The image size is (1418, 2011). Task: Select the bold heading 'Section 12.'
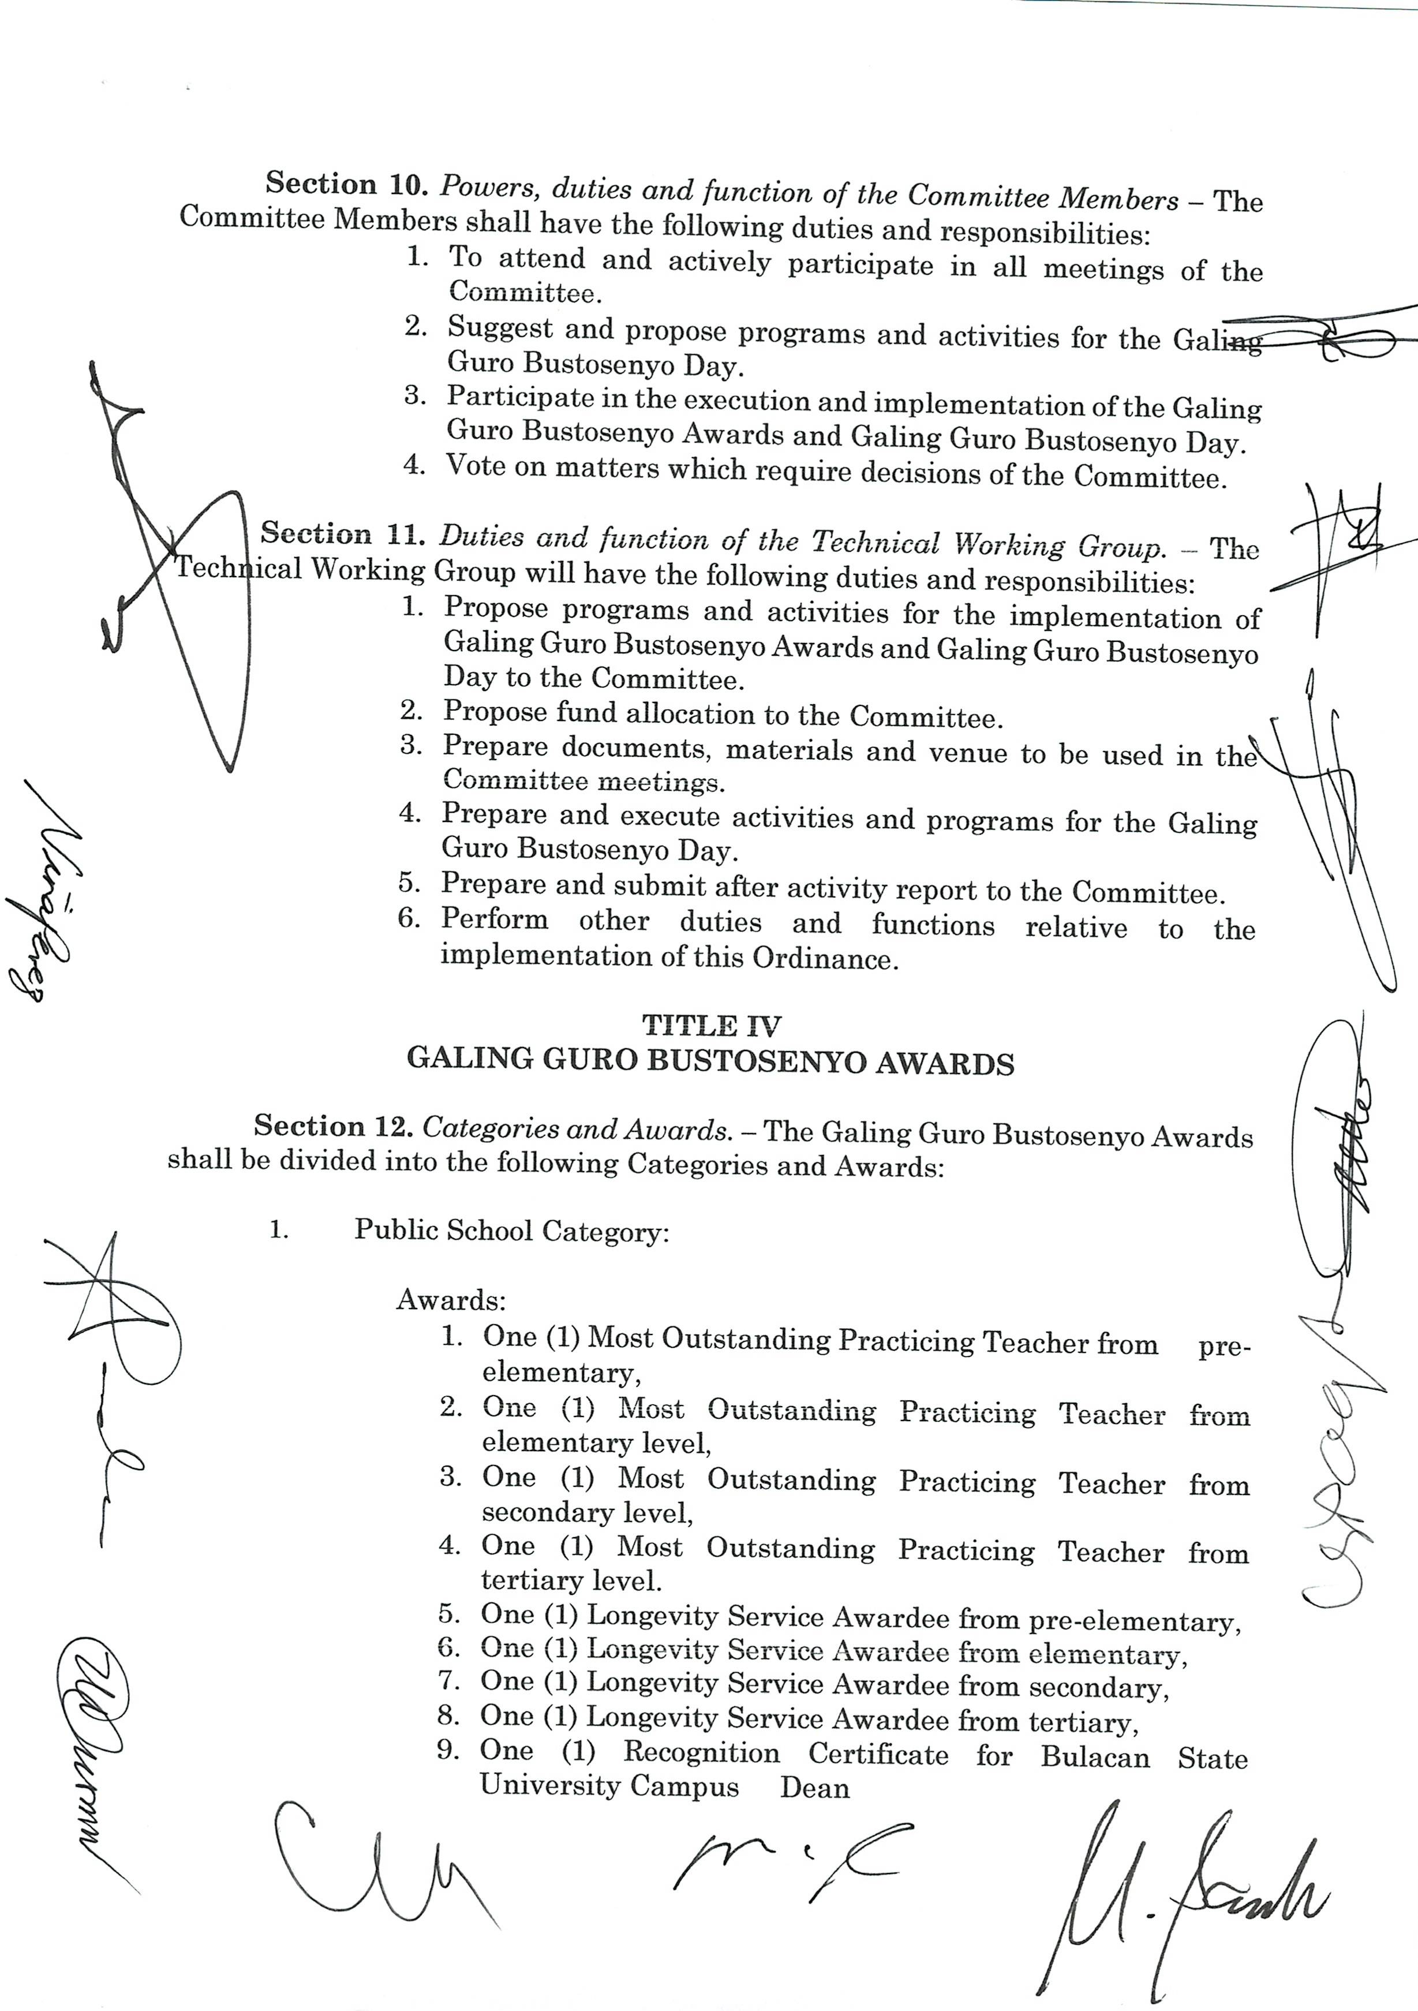coord(333,1126)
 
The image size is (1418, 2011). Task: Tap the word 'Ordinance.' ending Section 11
coord(825,958)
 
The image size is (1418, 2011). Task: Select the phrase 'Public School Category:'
coord(511,1231)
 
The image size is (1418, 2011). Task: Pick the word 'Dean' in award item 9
coord(814,1787)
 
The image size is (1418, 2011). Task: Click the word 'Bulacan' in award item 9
coord(1095,1757)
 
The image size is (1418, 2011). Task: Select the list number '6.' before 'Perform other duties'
coord(410,919)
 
